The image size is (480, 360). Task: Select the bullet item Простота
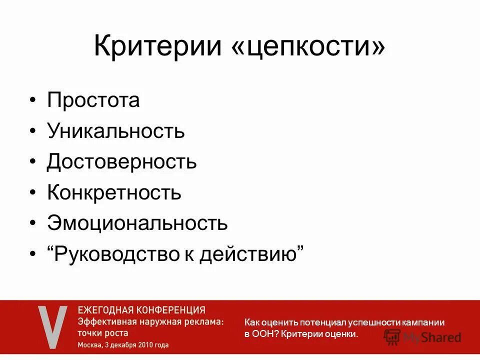pos(93,100)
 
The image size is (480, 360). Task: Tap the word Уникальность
pos(116,131)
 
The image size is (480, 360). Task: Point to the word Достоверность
pos(122,161)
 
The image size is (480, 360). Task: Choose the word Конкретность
pos(114,192)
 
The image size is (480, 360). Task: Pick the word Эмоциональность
pos(137,223)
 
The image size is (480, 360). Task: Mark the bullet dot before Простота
pos(32,100)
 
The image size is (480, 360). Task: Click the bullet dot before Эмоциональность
pos(32,223)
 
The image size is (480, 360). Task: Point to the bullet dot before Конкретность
pos(32,193)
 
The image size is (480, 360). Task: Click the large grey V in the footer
pos(52,327)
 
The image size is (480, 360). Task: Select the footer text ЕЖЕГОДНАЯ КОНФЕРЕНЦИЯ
pos(141,310)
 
